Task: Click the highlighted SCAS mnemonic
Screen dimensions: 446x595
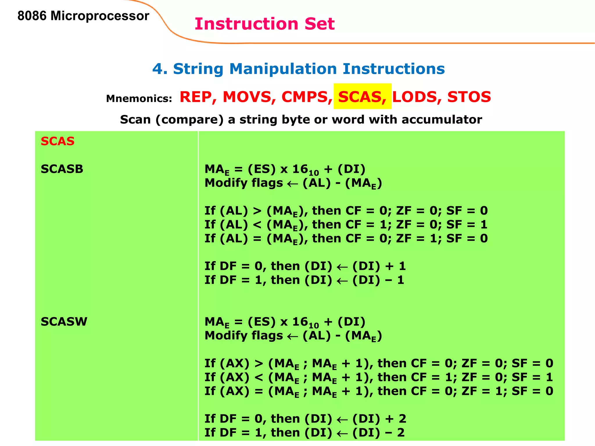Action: coord(362,97)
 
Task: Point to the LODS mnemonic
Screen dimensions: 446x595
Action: coord(415,97)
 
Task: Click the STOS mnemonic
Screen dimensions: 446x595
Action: coord(469,97)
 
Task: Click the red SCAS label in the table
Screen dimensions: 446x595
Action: coord(58,141)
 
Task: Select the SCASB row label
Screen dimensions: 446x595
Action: coord(62,169)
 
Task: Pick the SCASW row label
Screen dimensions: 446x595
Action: coord(64,321)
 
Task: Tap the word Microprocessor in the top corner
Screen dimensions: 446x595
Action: coord(100,16)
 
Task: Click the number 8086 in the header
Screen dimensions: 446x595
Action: coord(32,16)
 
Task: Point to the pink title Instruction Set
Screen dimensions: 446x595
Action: coord(264,24)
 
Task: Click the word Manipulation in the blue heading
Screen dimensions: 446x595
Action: coord(283,69)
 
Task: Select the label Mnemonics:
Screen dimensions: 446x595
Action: coord(139,98)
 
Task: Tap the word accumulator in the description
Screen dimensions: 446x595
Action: coord(442,119)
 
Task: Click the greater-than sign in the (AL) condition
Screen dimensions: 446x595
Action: coord(257,211)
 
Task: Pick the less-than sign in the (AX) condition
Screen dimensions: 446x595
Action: coord(259,377)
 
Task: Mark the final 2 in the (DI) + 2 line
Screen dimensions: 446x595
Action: coord(402,419)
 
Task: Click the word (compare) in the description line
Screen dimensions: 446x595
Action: coord(189,120)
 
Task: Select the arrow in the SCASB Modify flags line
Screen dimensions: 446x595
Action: coord(293,184)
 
